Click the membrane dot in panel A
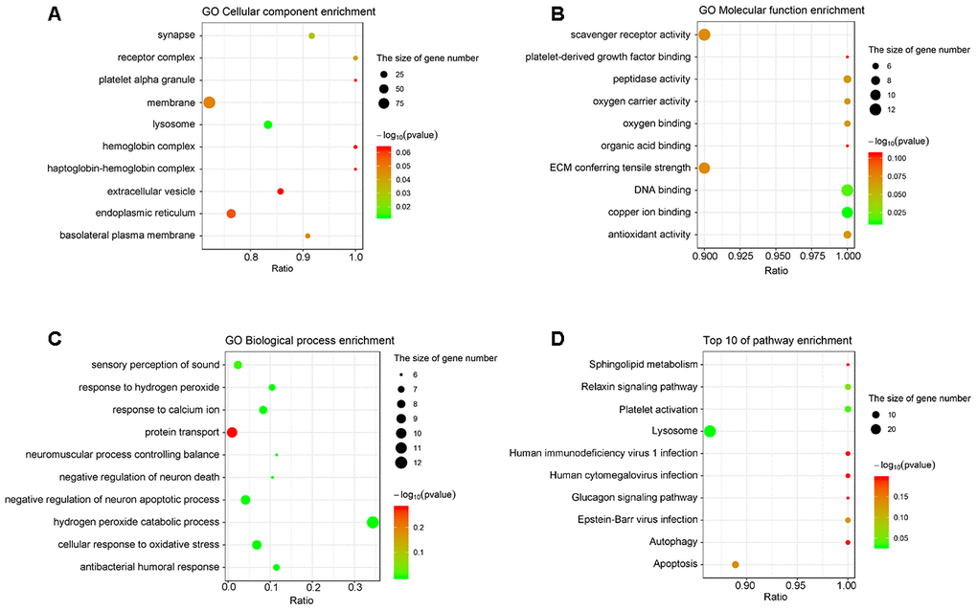coord(209,102)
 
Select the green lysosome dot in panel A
coord(268,124)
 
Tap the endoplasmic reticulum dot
coord(230,214)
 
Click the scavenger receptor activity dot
coord(704,35)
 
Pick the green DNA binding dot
coord(847,191)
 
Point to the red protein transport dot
coord(231,433)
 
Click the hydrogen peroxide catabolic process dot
coord(373,522)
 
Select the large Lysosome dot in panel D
coord(710,431)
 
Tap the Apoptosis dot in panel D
coord(736,565)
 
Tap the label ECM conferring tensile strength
coord(619,169)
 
